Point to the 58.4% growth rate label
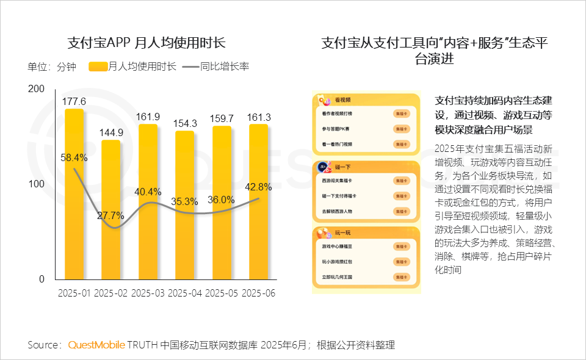[x=74, y=157]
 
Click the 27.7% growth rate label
[x=110, y=215]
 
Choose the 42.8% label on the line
[x=259, y=187]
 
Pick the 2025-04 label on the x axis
[x=185, y=293]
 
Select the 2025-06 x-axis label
[x=259, y=293]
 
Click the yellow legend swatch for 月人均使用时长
[x=98, y=67]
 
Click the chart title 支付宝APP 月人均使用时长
[x=146, y=43]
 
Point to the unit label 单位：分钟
[x=52, y=67]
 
